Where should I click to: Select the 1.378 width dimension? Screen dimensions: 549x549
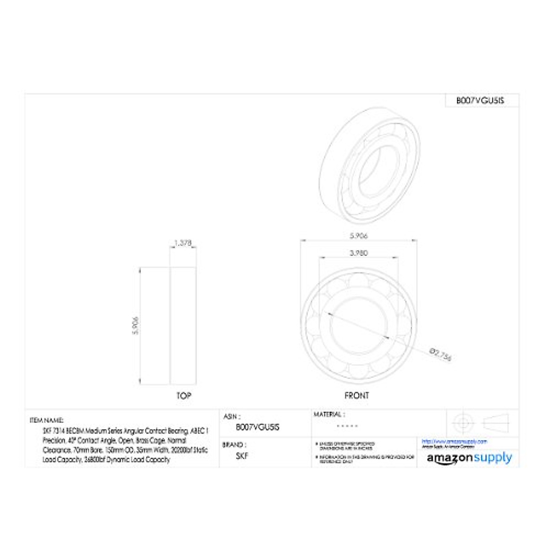183,243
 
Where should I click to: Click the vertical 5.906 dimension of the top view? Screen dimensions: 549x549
135,325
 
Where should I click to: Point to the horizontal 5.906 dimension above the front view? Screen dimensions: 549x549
358,236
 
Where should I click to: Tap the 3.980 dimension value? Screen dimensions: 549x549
359,253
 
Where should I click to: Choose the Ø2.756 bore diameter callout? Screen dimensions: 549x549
441,354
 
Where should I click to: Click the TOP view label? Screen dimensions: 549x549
183,396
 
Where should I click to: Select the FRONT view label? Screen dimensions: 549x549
356,396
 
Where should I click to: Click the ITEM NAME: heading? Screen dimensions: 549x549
47,420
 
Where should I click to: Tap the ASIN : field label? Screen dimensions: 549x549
232,417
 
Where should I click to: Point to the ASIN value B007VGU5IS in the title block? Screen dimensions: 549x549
257,427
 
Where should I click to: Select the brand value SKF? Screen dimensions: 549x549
242,456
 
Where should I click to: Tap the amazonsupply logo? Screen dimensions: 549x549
469,458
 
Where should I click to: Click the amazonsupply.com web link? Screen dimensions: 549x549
454,441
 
